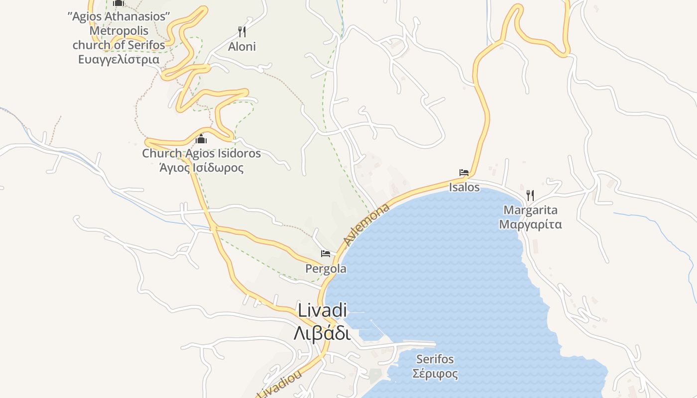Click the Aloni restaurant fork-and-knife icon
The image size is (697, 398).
242,32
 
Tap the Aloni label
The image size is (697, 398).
242,47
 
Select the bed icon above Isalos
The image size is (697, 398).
464,173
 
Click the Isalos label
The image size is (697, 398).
464,188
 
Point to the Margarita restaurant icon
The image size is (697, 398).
530,195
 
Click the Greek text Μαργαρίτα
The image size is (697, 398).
530,224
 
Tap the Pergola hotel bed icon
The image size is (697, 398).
326,254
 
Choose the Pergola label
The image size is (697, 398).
326,269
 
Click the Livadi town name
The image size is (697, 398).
322,310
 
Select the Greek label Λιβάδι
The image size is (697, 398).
322,333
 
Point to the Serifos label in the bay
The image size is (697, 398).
435,359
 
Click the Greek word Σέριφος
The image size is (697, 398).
435,373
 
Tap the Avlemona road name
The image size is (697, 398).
367,224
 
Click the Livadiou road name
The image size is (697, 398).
280,386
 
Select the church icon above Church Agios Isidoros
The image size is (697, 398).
201,139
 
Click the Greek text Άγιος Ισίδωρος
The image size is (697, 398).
201,168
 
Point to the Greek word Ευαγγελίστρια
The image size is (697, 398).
118,60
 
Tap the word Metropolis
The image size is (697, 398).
118,31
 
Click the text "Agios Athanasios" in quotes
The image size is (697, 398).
118,16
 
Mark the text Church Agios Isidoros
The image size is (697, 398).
201,153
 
